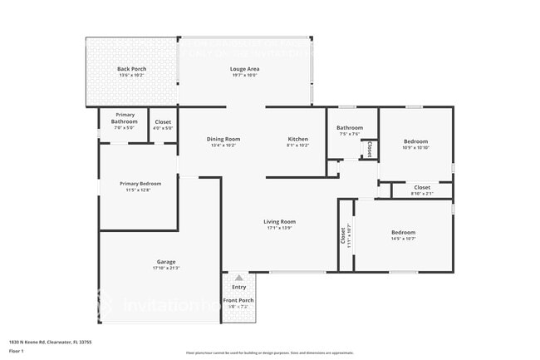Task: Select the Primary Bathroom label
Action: coord(125,118)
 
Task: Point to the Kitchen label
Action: coord(298,139)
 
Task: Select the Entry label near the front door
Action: coord(238,287)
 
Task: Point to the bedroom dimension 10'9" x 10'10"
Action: coord(415,148)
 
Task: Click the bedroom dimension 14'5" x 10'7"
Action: coord(404,239)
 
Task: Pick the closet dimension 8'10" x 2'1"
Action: coord(422,194)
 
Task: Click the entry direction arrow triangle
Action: coord(238,279)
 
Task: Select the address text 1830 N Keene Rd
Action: coord(50,342)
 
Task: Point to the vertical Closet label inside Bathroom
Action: coord(369,148)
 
